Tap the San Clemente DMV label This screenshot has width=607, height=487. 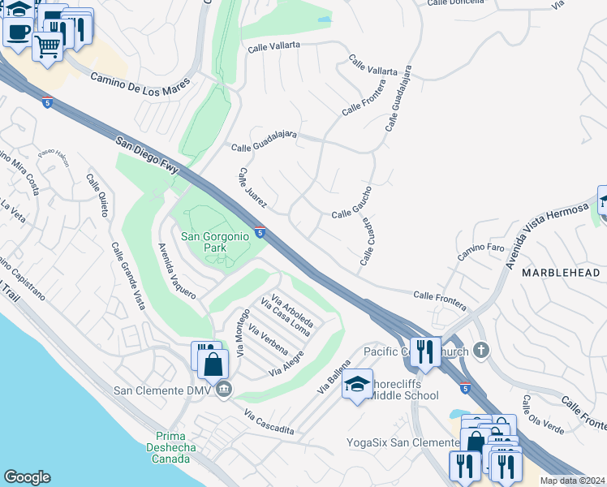point(165,390)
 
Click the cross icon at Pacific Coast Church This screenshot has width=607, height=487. point(481,350)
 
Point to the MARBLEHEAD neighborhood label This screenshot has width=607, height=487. point(560,273)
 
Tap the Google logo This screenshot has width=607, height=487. point(27,477)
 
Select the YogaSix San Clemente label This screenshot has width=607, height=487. point(403,442)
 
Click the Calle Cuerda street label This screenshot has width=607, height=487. point(366,241)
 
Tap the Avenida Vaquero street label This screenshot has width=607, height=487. point(177,271)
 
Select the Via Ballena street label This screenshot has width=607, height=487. point(334,377)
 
